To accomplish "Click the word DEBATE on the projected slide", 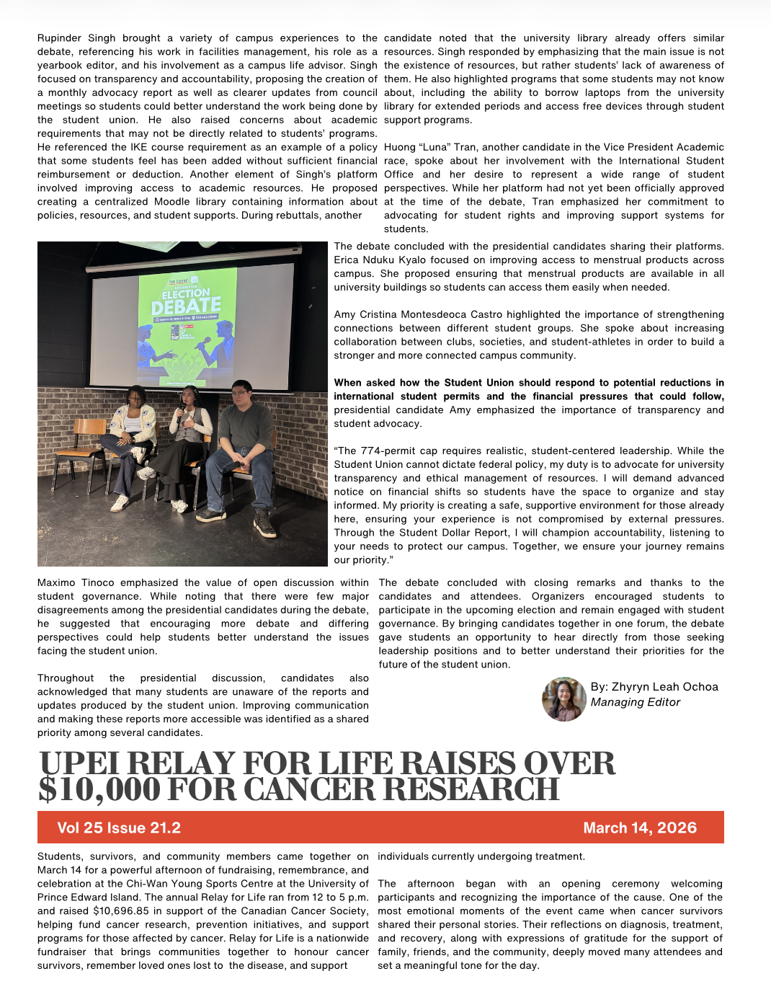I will (x=186, y=306).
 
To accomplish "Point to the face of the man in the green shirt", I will (x=241, y=394).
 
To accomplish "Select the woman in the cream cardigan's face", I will (x=136, y=396).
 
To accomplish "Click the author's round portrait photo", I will (x=563, y=698).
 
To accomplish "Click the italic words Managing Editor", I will (x=635, y=702).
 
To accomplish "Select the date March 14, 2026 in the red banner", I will (x=640, y=828).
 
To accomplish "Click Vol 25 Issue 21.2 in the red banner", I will (x=119, y=828).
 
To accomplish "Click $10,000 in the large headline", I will (x=99, y=790).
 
